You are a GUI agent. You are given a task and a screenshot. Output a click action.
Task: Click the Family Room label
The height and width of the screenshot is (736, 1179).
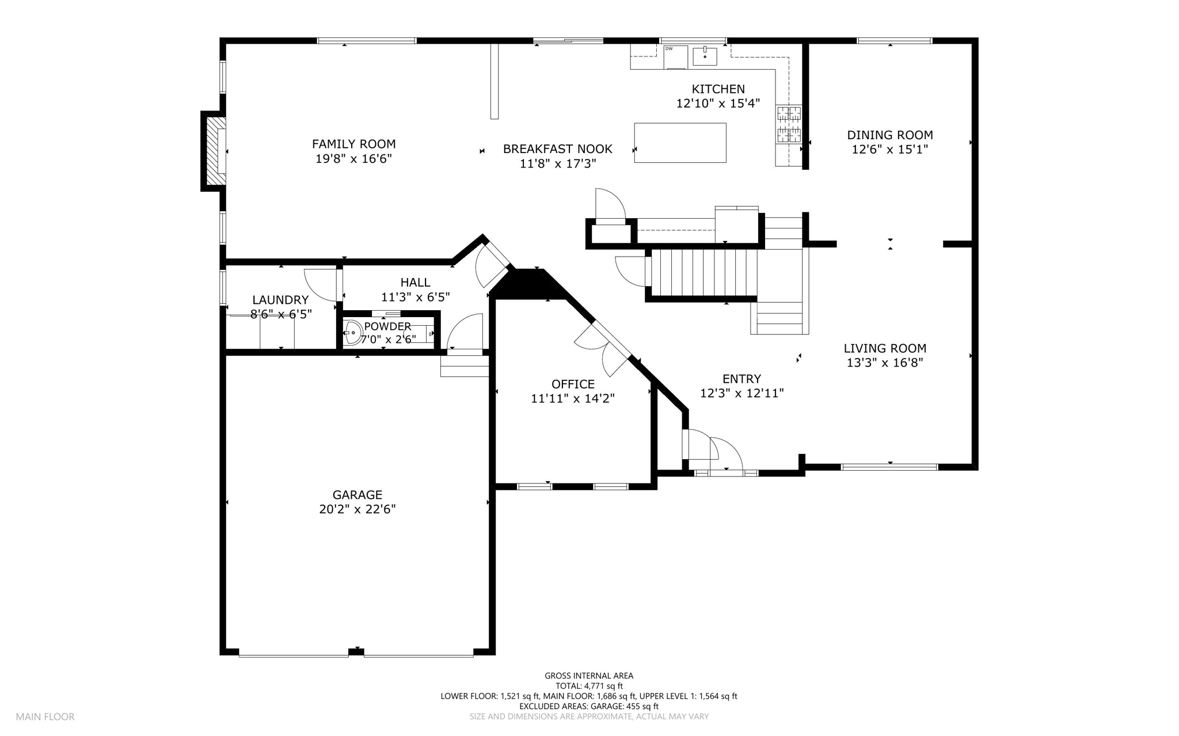pos(353,144)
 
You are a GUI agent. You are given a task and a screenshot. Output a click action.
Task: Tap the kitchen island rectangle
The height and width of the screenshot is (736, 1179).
pos(680,143)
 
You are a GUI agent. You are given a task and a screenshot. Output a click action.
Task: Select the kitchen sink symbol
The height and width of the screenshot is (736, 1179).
pos(705,56)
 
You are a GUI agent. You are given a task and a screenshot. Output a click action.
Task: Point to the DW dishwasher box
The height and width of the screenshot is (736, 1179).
pos(676,56)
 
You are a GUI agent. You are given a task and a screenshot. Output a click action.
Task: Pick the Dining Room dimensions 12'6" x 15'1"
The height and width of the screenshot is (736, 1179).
pos(890,150)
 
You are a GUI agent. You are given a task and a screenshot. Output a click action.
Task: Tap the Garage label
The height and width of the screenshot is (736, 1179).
pos(357,495)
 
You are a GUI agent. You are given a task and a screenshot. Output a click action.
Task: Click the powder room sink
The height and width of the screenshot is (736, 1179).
pos(352,333)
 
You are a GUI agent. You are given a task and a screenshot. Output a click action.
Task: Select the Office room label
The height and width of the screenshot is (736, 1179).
pos(573,384)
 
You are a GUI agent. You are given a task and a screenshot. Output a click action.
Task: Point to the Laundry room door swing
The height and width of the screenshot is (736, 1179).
pos(320,285)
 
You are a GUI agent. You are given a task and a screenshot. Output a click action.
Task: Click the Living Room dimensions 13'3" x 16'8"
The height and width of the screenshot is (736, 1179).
pos(885,363)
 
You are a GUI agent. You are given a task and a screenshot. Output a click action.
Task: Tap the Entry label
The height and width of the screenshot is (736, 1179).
pos(741,379)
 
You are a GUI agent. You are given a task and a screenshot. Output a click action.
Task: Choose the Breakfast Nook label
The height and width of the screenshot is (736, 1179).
pos(557,149)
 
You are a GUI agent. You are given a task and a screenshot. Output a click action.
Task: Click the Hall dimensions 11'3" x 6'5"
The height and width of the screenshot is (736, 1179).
pos(415,297)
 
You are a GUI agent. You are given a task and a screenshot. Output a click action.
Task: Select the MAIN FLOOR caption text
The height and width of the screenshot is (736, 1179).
pos(45,717)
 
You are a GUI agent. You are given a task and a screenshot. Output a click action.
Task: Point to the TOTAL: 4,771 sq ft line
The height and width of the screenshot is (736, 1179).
pos(589,686)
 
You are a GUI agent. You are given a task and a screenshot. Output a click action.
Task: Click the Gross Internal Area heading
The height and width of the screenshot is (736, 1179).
pos(589,676)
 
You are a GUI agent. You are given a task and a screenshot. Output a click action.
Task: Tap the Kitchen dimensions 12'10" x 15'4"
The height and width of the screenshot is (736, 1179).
pos(718,104)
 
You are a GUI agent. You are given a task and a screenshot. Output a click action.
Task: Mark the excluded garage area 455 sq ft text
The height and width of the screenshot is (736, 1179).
pos(589,706)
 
